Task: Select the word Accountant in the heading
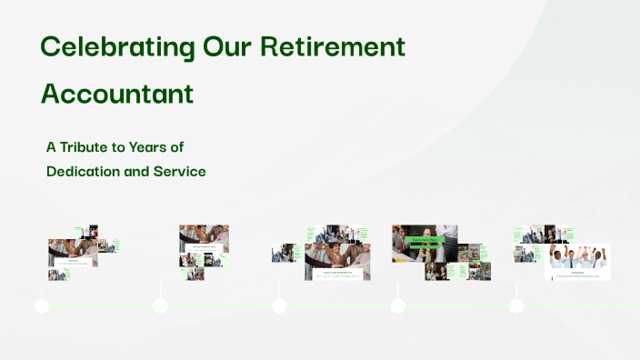click(x=117, y=94)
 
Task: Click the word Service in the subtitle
click(x=180, y=171)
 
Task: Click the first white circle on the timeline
click(x=42, y=305)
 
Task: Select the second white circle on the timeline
click(x=161, y=305)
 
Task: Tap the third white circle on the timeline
click(x=279, y=305)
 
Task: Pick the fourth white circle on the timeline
click(x=398, y=305)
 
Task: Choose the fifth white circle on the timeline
click(x=516, y=305)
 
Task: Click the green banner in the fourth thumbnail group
click(x=425, y=242)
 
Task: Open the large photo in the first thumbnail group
click(x=73, y=249)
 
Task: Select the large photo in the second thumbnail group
click(x=204, y=235)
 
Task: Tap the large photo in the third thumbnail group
click(x=336, y=255)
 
